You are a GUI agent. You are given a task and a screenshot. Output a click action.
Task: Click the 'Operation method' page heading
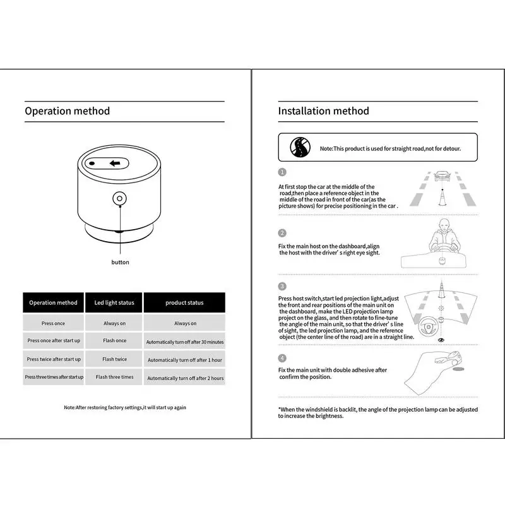coord(67,111)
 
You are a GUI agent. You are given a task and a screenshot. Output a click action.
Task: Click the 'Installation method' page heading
coord(323,111)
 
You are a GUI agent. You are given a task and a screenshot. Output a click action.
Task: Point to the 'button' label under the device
coord(120,262)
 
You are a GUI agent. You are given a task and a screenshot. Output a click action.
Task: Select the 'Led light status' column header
coord(114,303)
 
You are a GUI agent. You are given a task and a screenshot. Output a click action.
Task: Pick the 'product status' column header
coord(184,303)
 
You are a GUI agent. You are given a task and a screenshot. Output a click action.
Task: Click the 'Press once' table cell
coord(53,323)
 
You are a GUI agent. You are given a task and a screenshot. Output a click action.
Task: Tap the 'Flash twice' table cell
coord(114,359)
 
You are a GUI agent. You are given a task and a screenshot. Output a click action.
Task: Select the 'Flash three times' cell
coord(114,377)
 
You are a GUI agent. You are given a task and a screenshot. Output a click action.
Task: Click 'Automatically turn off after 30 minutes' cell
coord(185,342)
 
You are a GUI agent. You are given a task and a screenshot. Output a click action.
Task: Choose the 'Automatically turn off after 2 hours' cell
coord(185,378)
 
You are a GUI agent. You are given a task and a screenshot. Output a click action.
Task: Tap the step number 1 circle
coord(282,172)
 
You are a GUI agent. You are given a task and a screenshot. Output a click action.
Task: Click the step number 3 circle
coord(282,286)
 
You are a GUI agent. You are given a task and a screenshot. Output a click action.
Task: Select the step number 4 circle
coord(282,357)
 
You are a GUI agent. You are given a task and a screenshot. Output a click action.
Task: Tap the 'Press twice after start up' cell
coord(53,359)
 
